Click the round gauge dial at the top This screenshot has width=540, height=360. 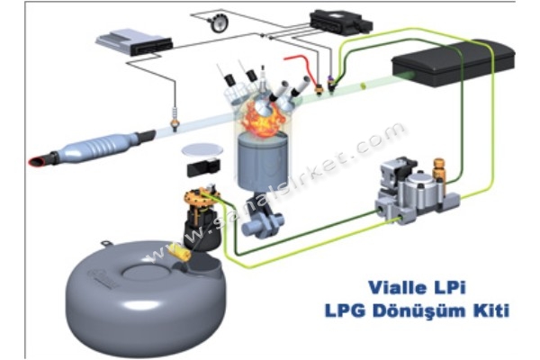click(218, 22)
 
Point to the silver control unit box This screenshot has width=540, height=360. click(133, 41)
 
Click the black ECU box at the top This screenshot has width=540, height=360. click(341, 22)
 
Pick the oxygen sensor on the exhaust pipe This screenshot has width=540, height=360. click(175, 121)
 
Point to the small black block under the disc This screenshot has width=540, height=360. click(203, 167)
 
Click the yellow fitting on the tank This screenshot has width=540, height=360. click(181, 253)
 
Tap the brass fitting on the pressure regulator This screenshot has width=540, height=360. click(438, 170)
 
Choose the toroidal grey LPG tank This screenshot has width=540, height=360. click(146, 296)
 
